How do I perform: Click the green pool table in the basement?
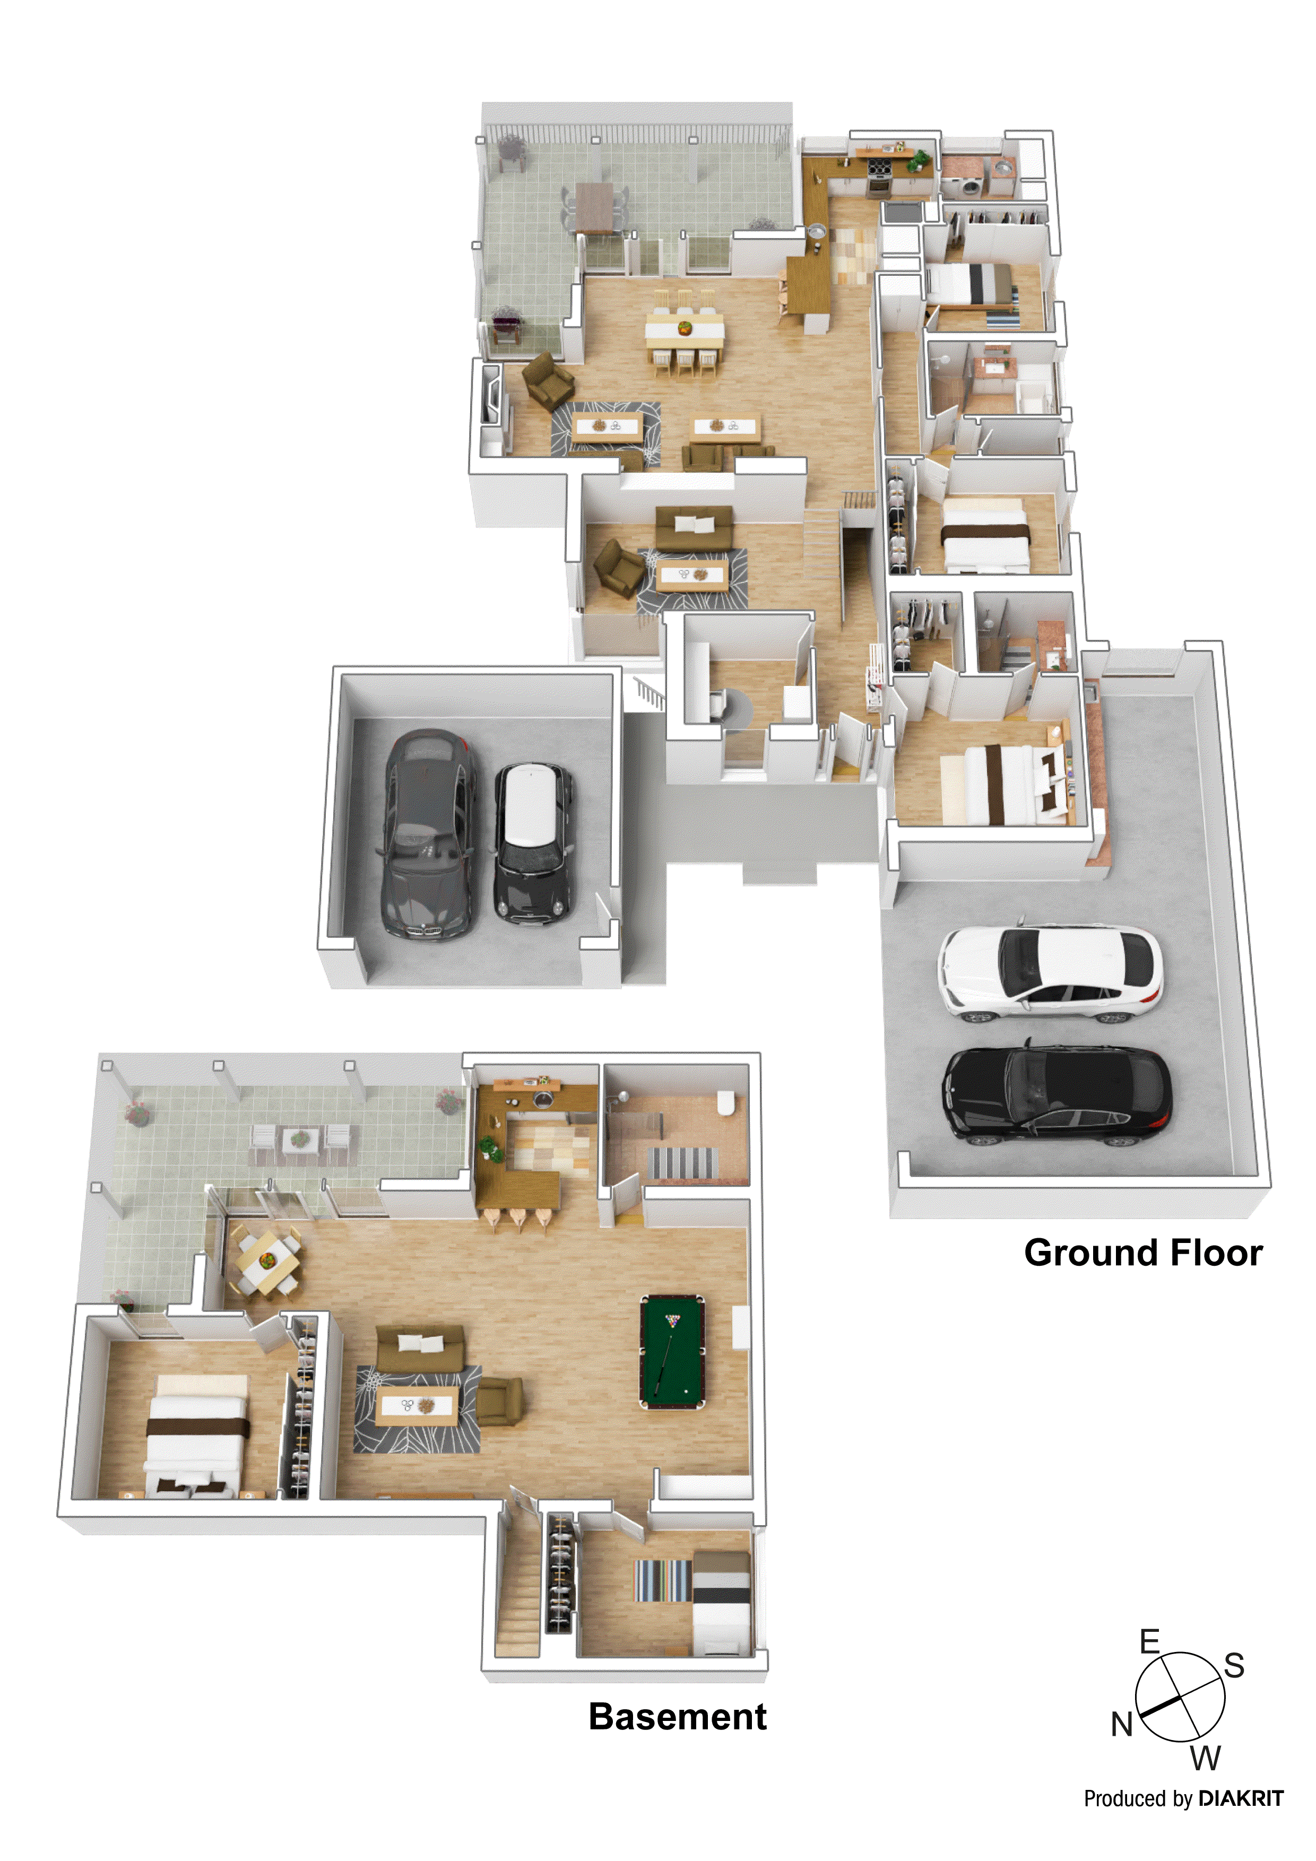click(672, 1352)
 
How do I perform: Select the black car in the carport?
click(1056, 1095)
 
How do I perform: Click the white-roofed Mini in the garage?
click(533, 843)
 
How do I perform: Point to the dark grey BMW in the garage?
click(427, 835)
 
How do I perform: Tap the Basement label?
click(677, 1717)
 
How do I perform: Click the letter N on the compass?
click(1121, 1725)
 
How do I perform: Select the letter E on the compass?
click(1149, 1641)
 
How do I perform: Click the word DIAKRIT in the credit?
click(1241, 1798)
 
